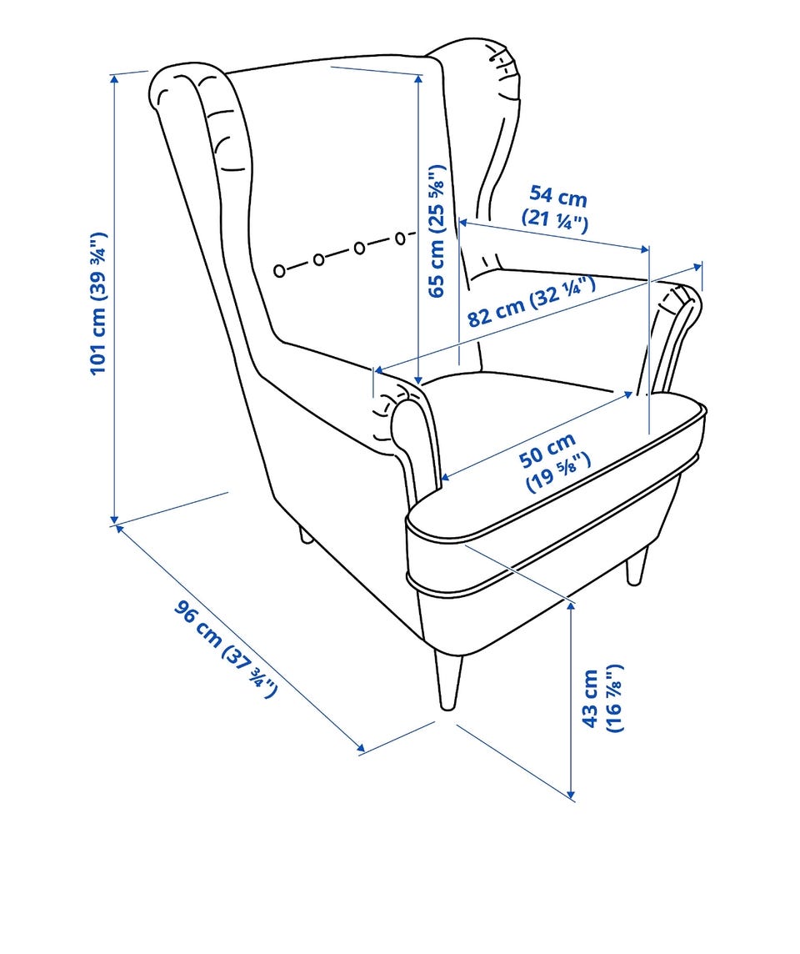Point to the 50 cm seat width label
(554, 460)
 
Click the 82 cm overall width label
(531, 301)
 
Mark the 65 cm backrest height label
(437, 231)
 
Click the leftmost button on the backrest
(279, 271)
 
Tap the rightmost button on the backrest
(400, 238)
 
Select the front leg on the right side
(637, 566)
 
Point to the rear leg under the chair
(304, 535)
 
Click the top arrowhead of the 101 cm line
(113, 78)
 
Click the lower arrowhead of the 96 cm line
(361, 748)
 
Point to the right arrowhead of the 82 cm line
(697, 267)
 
